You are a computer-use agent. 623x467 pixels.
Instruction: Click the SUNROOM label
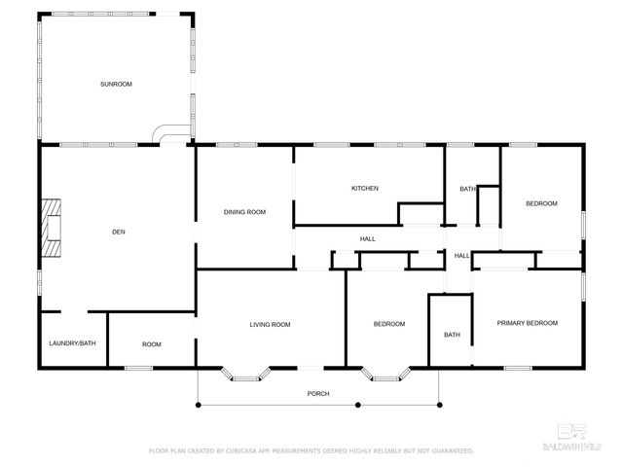coord(116,85)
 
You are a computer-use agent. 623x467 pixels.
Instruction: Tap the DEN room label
coord(119,232)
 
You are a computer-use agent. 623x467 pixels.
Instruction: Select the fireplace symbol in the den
coord(52,228)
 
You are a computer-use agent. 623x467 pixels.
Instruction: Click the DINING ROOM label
coord(244,212)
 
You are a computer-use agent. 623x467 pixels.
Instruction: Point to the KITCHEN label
coord(365,188)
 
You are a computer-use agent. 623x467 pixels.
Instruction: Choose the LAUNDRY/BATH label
coord(72,343)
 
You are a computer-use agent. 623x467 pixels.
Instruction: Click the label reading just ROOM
coord(152,344)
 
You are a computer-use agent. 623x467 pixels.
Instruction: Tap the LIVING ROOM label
coord(270,324)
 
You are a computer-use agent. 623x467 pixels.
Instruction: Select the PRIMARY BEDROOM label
coord(528,323)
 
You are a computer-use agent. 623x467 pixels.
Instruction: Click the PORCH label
coord(318,393)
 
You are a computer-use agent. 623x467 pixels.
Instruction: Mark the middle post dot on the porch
coord(358,405)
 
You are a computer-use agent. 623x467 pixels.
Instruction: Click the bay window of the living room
coord(245,375)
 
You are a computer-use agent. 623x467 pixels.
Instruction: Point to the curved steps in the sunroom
coord(171,133)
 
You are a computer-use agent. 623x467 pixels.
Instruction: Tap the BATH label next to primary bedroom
coord(452,335)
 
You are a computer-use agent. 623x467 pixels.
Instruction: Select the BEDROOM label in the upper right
coord(541,203)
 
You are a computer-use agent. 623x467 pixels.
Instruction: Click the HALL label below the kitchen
coord(368,238)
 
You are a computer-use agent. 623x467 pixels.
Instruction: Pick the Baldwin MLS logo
coord(571,437)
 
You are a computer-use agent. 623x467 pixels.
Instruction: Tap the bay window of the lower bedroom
coord(385,375)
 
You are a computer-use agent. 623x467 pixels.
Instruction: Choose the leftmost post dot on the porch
coord(199,405)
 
